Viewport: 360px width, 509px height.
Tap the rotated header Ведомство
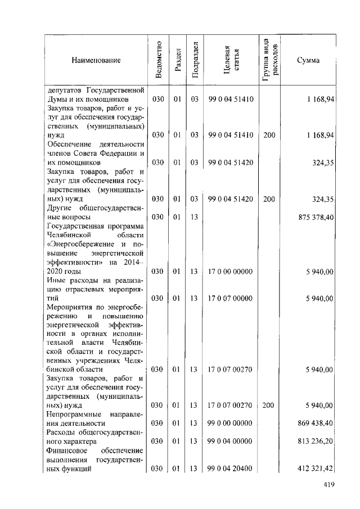pos(159,60)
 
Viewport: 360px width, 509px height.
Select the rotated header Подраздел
pos(194,60)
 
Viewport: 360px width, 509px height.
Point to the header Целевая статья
pos(231,60)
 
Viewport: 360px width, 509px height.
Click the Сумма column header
pos(308,60)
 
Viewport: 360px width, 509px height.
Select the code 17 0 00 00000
pos(231,271)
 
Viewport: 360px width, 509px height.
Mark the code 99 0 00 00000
pos(231,423)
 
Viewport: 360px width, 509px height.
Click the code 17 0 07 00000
pos(231,298)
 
